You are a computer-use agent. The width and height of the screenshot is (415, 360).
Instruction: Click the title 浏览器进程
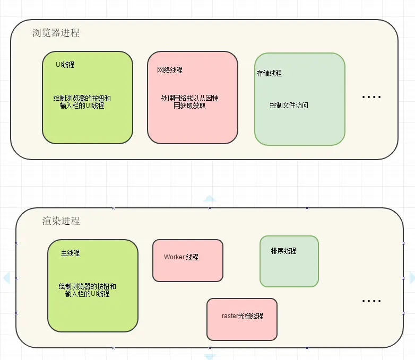click(x=56, y=33)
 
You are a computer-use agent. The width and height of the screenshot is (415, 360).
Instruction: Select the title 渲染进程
click(x=61, y=221)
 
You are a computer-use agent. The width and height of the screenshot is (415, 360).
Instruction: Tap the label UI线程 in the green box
click(x=65, y=65)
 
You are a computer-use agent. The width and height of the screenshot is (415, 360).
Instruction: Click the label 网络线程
click(x=170, y=70)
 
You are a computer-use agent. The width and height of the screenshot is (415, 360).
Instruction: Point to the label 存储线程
click(x=269, y=73)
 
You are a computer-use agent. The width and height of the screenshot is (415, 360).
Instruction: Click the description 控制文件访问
click(x=289, y=105)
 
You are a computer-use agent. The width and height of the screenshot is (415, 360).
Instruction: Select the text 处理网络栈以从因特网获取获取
click(x=189, y=102)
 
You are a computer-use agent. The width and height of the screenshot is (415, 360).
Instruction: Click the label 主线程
click(x=70, y=253)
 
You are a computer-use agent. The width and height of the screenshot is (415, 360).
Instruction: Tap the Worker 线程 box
click(x=188, y=260)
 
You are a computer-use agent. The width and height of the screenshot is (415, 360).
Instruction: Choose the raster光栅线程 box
click(x=242, y=319)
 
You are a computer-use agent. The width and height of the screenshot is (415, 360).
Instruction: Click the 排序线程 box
click(x=289, y=261)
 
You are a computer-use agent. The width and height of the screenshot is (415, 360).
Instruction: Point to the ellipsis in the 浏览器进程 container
click(x=371, y=97)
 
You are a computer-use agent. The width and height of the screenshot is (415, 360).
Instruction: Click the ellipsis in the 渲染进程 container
click(x=371, y=301)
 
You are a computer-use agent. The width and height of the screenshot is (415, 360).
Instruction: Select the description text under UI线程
click(x=82, y=102)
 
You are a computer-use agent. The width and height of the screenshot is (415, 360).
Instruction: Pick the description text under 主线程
click(x=88, y=290)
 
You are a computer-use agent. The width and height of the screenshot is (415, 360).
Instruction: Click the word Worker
click(x=174, y=257)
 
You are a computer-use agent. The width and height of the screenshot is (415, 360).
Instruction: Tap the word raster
click(x=231, y=316)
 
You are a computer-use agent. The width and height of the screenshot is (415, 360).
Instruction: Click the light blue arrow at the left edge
click(x=6, y=277)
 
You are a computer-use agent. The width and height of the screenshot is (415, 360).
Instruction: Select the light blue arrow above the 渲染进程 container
click(x=210, y=199)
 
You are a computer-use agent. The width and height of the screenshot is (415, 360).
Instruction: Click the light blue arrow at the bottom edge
click(x=210, y=355)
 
